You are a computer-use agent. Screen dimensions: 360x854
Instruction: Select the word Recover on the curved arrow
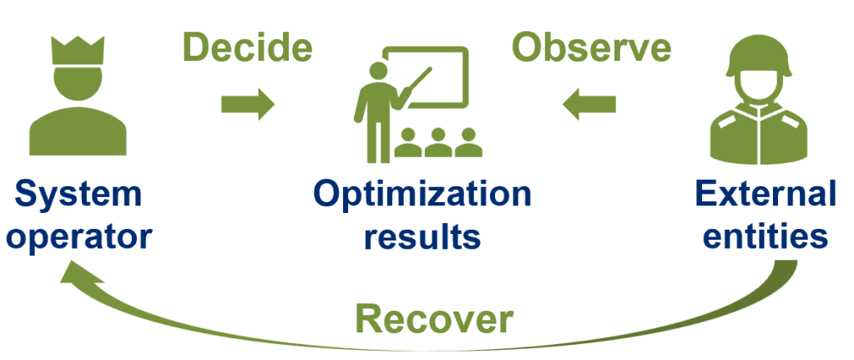[x=433, y=318]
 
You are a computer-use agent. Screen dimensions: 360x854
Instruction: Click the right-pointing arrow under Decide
[x=247, y=104]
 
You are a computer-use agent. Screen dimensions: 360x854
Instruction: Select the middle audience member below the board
[x=437, y=143]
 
